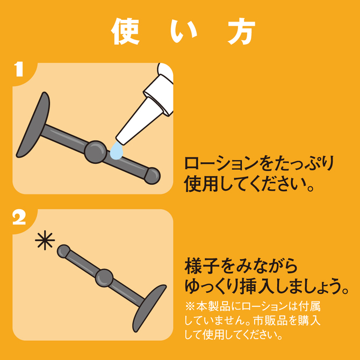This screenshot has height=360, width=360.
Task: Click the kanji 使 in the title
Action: pos(125,31)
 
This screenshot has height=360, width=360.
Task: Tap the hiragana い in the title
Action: pos(184,32)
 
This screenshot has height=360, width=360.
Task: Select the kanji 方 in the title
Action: pos(242,31)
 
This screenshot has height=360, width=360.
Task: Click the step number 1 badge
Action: pos(19,69)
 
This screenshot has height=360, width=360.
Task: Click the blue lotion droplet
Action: pos(117,150)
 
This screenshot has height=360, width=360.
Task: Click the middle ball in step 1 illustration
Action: pos(95,152)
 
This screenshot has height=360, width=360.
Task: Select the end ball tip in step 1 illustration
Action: pos(152,176)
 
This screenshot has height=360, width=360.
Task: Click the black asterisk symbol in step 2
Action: pos(45,240)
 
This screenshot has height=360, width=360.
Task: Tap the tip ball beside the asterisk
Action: pos(63,251)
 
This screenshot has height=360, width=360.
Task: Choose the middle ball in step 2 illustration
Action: pos(104,278)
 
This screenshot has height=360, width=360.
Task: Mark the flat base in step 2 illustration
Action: pos(149,308)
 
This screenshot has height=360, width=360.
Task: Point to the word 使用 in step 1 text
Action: pos(201,184)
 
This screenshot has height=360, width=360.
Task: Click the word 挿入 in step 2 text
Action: pos(257,286)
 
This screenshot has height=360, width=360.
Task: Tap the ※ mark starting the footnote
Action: pos(190,306)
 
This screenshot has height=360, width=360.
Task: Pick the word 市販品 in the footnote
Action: pos(270,321)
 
